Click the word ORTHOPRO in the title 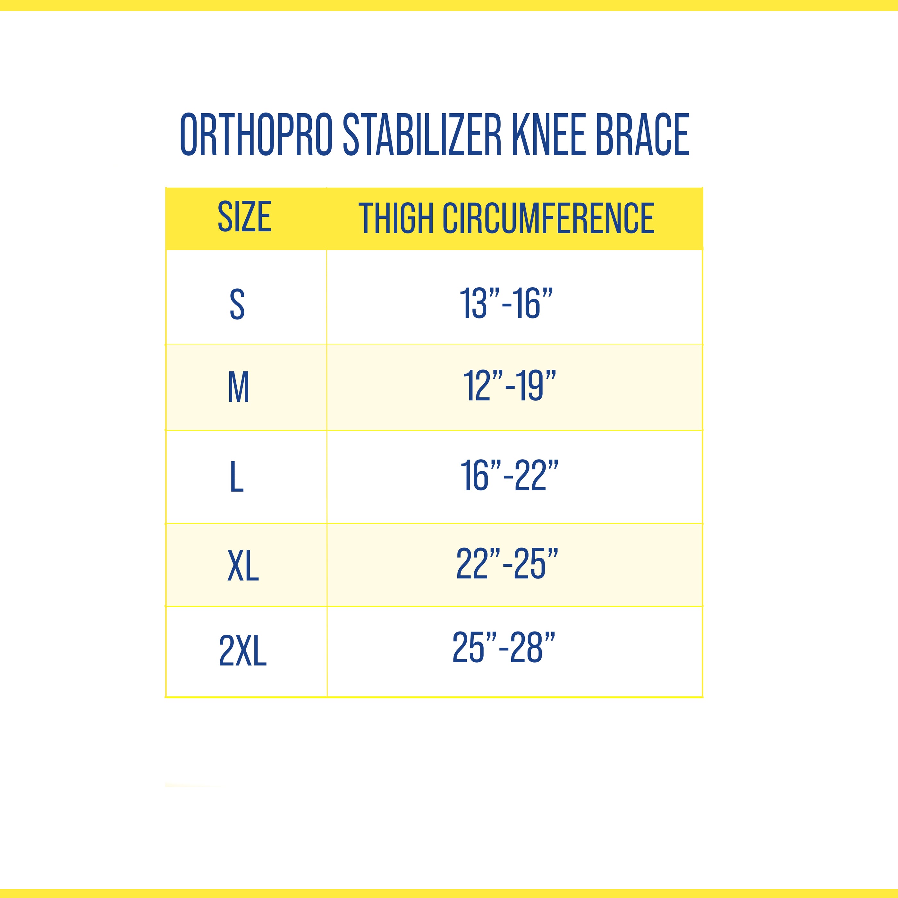(x=256, y=134)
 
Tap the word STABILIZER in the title (x=422, y=134)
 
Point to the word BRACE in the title (x=642, y=134)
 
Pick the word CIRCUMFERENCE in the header (x=548, y=218)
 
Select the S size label (x=237, y=304)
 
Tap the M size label (x=238, y=387)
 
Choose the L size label (x=237, y=477)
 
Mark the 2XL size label (x=243, y=651)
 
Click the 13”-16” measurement (x=506, y=303)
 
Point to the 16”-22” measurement (x=509, y=476)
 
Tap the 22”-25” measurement (x=507, y=564)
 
